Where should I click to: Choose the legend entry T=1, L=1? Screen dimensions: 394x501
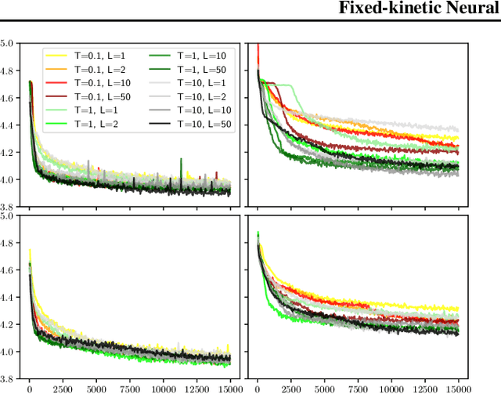point(89,107)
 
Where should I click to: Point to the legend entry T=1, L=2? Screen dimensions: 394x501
point(89,119)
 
